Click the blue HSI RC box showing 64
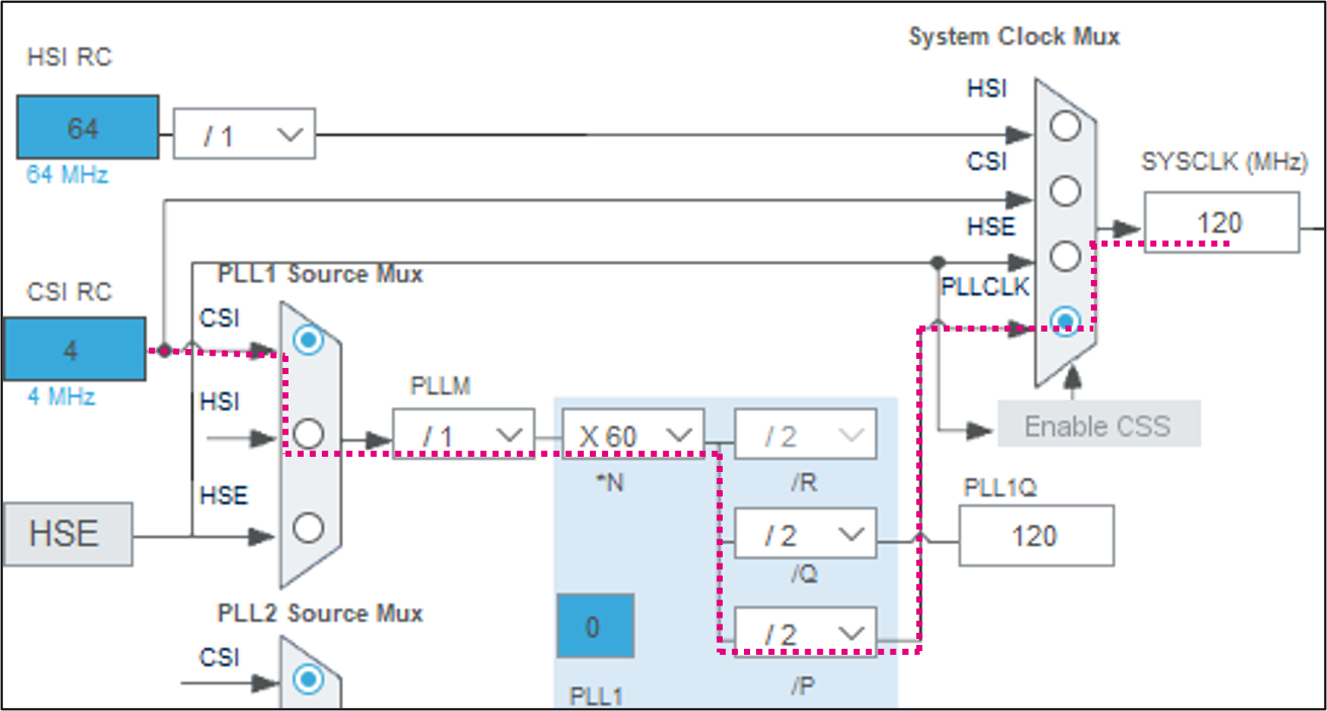pos(87,127)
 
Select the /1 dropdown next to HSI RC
pos(244,134)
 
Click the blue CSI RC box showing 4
pos(74,349)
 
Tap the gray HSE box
pos(68,533)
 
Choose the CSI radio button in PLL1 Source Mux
pos(308,340)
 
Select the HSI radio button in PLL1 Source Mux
pos(308,433)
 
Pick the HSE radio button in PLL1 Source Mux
pos(308,527)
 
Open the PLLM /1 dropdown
pos(463,435)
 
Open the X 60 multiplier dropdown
pos(633,435)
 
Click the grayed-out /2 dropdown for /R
pos(805,435)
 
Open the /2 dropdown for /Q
pos(805,534)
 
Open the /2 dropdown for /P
pos(805,633)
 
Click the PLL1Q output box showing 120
pos(1035,536)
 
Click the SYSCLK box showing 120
pos(1221,222)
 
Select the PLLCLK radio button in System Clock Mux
pos(1065,320)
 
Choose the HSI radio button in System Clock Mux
pos(1065,126)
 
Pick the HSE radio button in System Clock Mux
pos(1065,256)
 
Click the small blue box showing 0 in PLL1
pos(595,626)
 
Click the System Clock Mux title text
pos(1013,36)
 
